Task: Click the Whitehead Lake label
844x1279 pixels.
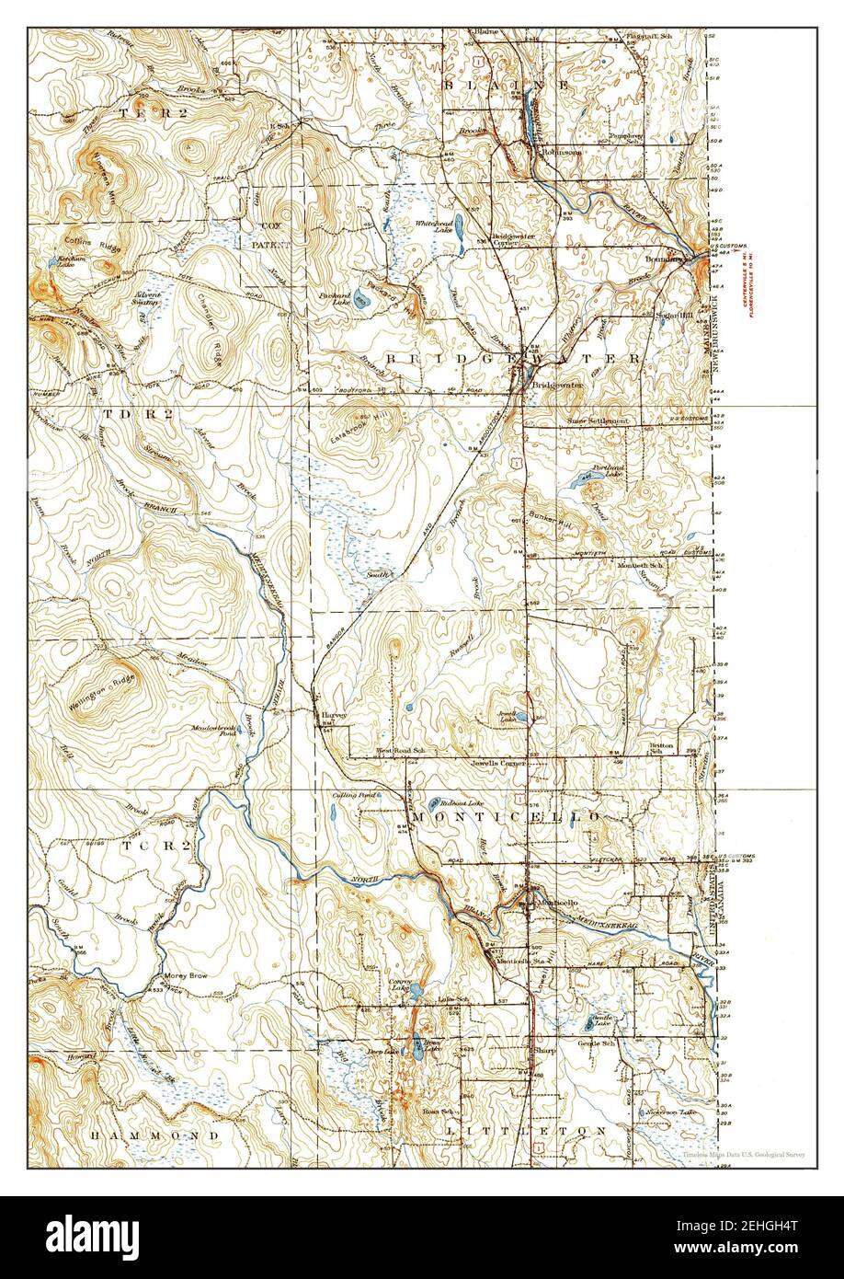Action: [430, 226]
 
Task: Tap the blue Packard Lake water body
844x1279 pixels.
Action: [361, 301]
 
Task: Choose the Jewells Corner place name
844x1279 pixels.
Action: [497, 763]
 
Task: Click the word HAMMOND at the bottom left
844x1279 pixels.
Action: [143, 1136]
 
